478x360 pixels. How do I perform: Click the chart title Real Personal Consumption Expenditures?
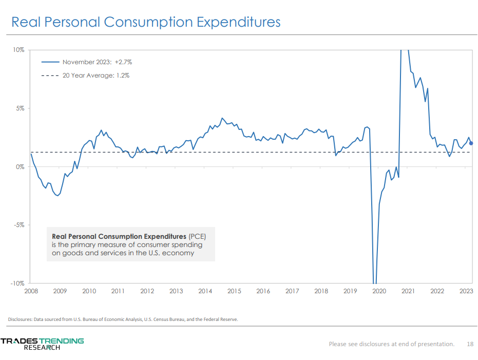click(x=146, y=22)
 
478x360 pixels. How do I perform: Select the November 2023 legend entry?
click(x=97, y=62)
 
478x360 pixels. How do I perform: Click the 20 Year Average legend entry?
click(x=95, y=75)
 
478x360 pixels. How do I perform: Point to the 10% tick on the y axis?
click(x=18, y=50)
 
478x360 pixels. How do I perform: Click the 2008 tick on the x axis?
click(x=31, y=291)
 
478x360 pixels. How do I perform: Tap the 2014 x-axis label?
click(x=205, y=291)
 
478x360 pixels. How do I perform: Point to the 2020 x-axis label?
click(x=379, y=291)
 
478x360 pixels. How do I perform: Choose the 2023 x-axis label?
click(x=466, y=291)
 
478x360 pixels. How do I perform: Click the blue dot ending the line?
click(x=471, y=143)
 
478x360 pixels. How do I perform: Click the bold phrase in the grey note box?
click(x=119, y=236)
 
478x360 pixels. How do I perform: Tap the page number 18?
click(x=470, y=344)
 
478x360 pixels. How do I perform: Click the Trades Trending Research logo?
click(x=42, y=344)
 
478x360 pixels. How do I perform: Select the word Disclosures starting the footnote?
click(x=20, y=319)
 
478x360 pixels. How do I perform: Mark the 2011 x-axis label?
click(x=118, y=291)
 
